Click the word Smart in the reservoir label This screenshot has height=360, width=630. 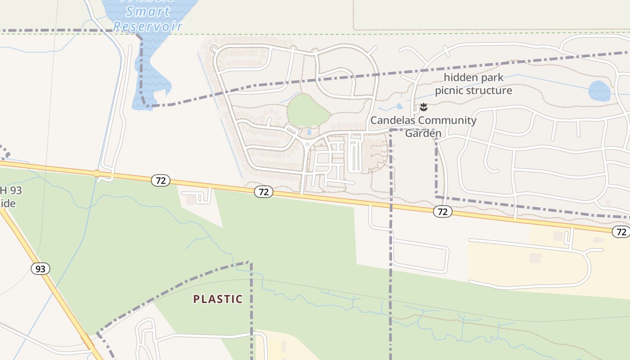click(148, 11)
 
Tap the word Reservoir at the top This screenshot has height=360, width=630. click(148, 26)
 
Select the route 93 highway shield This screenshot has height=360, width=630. click(40, 269)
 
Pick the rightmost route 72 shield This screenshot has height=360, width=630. click(621, 232)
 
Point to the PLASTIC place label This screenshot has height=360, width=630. click(218, 299)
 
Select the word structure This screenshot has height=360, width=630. click(490, 90)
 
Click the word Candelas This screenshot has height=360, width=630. click(392, 120)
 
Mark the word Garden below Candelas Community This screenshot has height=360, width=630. click(423, 133)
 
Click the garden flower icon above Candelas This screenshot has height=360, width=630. click(423, 107)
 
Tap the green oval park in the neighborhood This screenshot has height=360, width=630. click(308, 111)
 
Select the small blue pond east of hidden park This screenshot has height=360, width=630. click(599, 91)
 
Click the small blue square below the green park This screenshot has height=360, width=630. click(309, 132)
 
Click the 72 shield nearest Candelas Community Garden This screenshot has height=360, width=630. click(443, 211)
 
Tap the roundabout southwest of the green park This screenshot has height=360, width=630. click(307, 144)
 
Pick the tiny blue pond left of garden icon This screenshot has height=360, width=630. click(400, 106)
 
